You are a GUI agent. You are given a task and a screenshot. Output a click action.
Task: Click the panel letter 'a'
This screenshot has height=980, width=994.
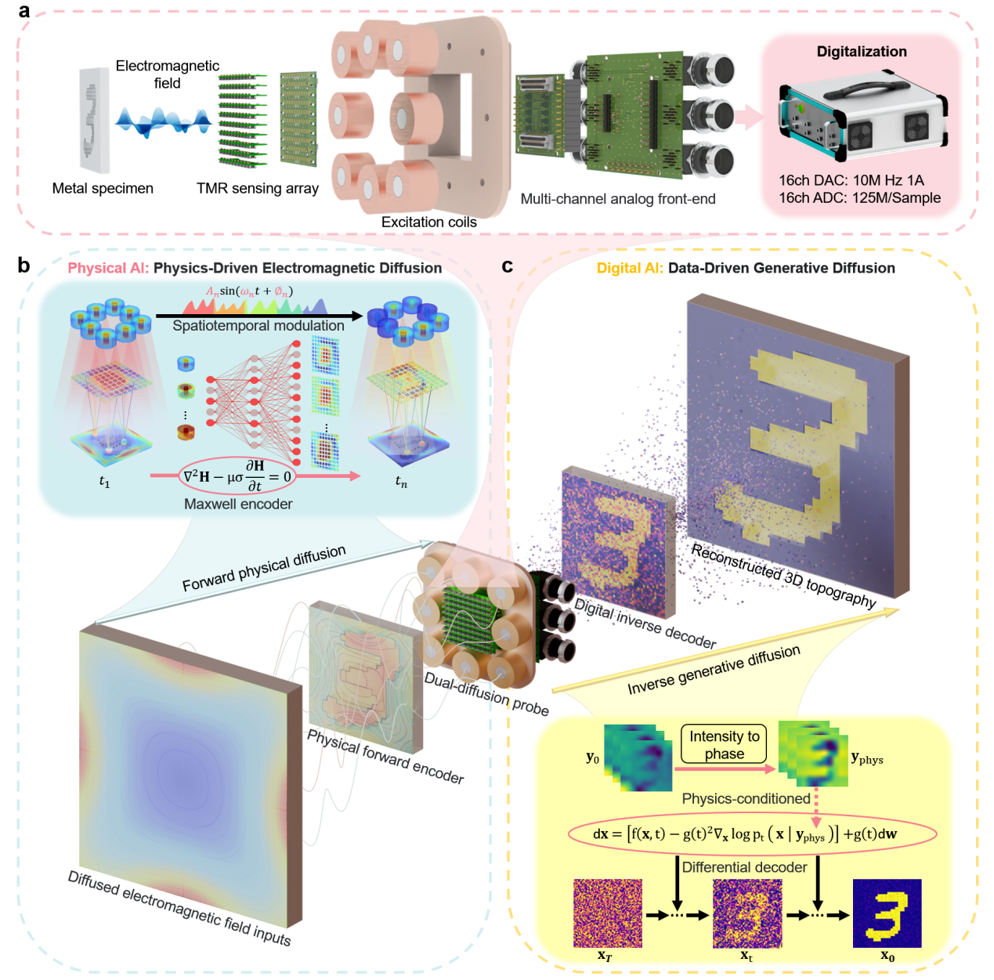tap(23, 10)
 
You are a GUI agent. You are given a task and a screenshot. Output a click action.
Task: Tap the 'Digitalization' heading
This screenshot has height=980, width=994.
tap(862, 52)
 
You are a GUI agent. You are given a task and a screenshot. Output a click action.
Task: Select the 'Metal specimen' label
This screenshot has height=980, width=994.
tap(103, 188)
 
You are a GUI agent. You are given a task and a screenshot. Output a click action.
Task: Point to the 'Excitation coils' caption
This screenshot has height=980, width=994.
tap(428, 222)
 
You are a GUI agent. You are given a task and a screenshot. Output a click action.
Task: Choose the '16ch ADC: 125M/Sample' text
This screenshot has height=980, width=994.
tap(859, 197)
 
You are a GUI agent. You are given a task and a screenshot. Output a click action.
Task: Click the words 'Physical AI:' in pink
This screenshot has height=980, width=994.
tap(108, 268)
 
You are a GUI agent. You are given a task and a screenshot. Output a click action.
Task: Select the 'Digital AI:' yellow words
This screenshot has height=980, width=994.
tap(630, 268)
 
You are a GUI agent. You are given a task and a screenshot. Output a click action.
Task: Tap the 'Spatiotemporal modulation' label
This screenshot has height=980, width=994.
tap(258, 326)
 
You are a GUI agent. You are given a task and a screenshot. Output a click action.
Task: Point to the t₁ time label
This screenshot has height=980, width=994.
tap(104, 482)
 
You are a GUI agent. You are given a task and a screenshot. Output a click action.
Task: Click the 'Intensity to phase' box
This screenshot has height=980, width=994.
tap(724, 744)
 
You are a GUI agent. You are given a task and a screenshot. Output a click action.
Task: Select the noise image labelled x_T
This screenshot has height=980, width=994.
tap(608, 913)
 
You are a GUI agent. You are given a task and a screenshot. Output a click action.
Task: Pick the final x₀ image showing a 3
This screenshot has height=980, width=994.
tap(887, 913)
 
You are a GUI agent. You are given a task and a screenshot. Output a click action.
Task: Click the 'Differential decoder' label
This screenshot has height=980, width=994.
tap(744, 867)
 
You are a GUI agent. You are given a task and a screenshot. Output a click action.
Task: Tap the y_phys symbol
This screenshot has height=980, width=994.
tap(866, 758)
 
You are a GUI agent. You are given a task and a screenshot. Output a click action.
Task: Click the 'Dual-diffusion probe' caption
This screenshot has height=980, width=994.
tap(486, 694)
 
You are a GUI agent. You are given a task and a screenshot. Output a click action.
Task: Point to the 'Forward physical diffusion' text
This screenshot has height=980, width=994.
tap(264, 568)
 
